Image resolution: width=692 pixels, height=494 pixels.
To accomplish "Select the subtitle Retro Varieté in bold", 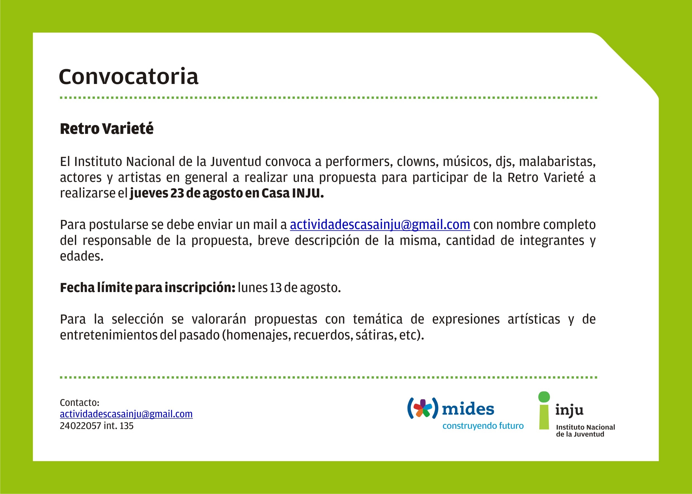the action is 107,128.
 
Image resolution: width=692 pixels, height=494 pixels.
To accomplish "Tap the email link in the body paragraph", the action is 380,225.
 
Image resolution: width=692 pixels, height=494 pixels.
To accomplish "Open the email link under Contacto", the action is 126,414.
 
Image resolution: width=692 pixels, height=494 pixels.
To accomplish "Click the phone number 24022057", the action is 80,426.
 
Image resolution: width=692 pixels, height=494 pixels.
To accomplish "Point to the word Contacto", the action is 80,403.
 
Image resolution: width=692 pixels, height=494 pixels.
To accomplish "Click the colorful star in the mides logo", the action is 423,408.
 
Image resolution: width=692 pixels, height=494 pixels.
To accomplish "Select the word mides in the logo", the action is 468,409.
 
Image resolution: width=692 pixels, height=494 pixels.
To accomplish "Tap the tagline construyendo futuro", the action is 483,426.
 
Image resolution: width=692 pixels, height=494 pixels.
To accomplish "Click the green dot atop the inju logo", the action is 544,397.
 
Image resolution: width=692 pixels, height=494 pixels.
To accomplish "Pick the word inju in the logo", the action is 569,410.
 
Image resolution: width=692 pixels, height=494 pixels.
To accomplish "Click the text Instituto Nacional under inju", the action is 585,427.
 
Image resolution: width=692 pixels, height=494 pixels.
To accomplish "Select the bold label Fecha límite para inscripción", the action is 148,288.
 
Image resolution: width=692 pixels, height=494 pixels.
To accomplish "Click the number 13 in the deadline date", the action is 276,288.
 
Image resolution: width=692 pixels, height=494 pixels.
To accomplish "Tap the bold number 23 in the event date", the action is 177,193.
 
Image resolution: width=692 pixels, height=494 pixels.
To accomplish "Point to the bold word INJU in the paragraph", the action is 308,193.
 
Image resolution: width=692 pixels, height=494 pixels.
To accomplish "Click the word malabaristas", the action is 557,162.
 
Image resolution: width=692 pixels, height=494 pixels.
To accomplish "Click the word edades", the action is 82,256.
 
